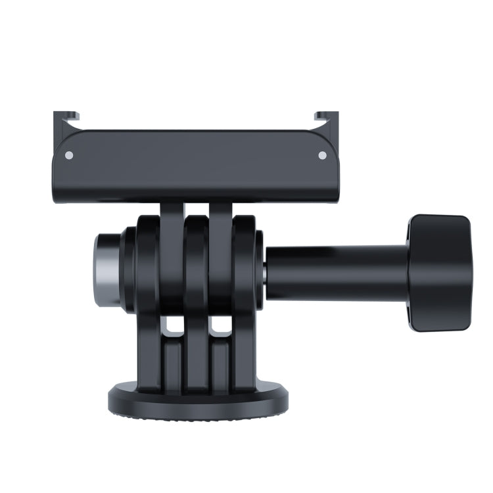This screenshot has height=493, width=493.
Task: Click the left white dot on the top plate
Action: coord(69,156)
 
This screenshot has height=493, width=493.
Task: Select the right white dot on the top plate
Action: coord(322,156)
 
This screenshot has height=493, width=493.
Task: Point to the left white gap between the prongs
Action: coord(172,326)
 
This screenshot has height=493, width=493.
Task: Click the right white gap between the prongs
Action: coord(220,326)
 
